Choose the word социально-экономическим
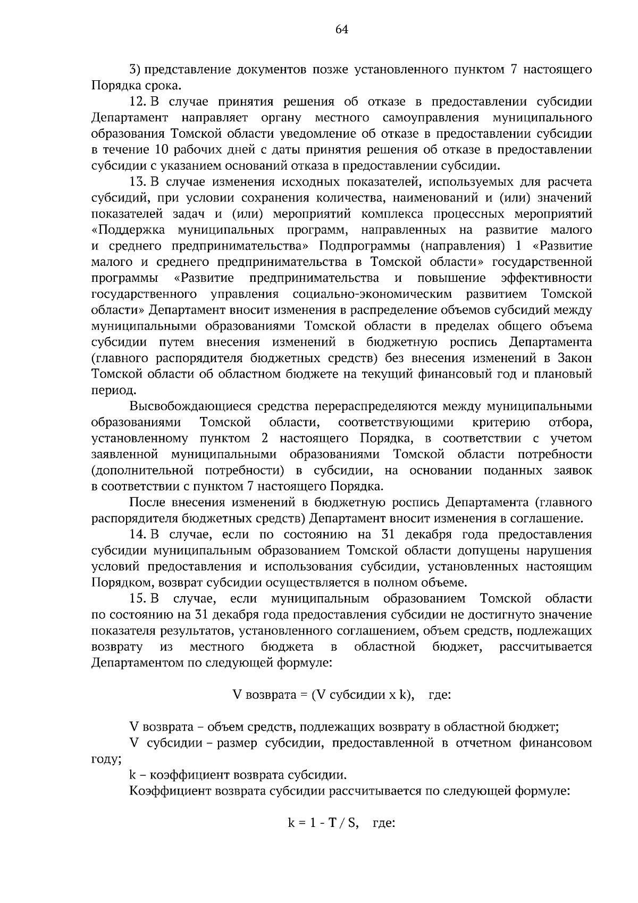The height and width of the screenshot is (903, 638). tap(372, 294)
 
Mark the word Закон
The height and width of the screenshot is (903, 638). tap(575, 358)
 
